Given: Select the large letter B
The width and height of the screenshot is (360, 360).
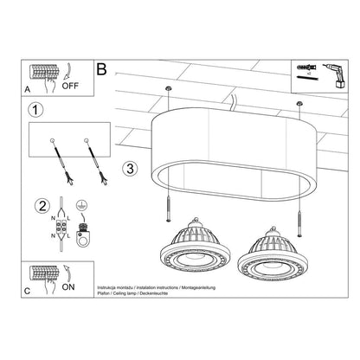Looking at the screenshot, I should pos(103,67).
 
